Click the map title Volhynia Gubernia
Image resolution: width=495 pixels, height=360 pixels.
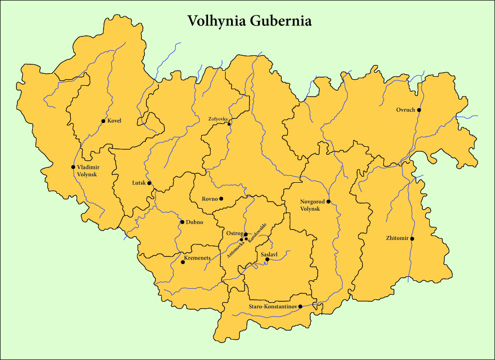249,21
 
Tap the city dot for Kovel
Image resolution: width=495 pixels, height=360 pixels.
103,121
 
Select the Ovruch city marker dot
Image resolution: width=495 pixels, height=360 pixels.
419,110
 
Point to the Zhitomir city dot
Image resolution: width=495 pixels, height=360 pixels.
412,239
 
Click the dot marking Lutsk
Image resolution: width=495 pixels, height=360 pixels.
149,183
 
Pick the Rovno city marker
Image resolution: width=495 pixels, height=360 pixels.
222,199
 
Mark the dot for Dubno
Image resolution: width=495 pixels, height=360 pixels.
182,222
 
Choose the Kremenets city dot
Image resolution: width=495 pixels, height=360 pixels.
183,262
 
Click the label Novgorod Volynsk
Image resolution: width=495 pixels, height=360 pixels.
312,205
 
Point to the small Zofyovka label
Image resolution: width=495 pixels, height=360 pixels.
218,119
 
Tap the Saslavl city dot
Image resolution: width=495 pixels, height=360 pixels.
267,259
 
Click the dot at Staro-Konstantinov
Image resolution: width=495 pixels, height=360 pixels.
300,307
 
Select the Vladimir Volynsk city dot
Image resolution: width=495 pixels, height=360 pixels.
73,167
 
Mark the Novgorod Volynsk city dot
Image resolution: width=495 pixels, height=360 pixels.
328,202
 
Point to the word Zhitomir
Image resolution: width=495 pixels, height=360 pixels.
397,239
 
